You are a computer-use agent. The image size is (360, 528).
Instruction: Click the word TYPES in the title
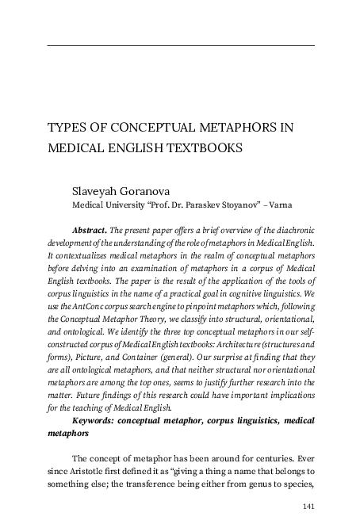[x=65, y=127]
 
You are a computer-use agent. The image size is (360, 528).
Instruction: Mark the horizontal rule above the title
[x=181, y=45]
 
